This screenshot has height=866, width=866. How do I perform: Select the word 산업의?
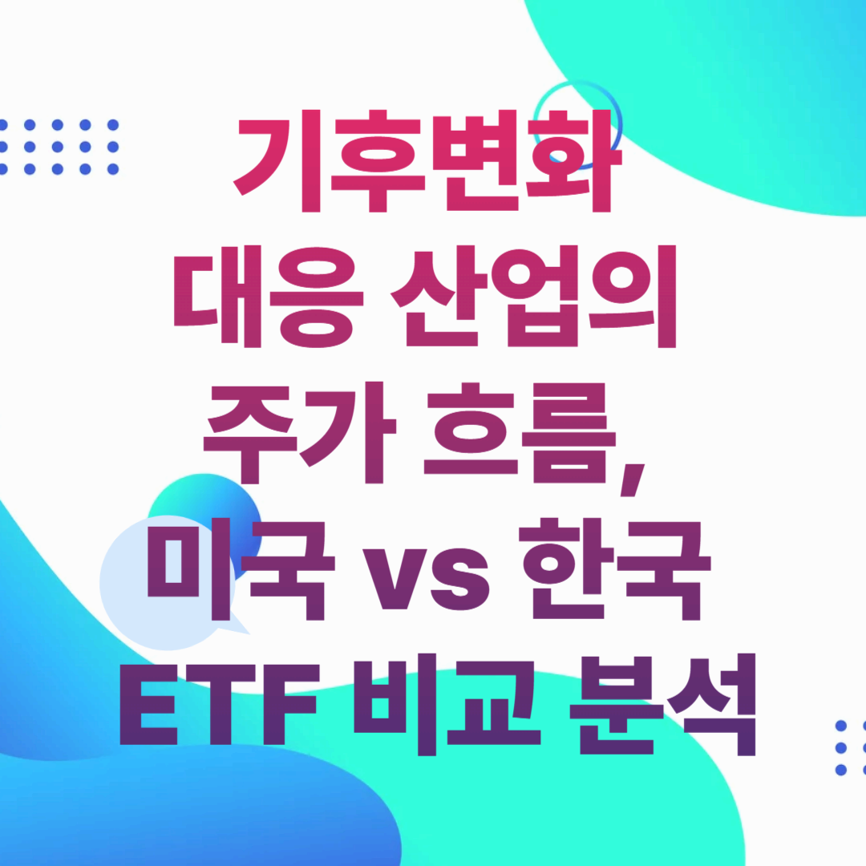tap(533, 297)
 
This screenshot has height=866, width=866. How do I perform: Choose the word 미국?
tap(241, 570)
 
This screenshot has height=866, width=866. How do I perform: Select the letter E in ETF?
tap(148, 704)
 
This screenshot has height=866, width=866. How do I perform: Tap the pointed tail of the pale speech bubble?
tap(237, 626)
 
